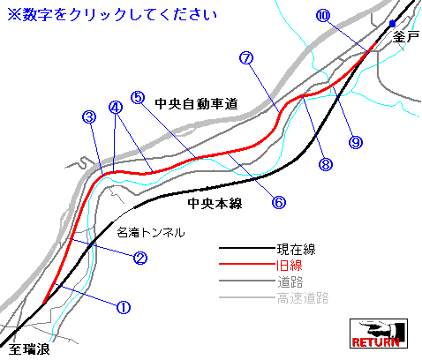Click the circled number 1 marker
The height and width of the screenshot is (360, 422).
pos(124,307)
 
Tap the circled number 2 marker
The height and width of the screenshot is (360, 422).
pos(140,258)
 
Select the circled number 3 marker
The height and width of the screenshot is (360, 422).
pos(89,117)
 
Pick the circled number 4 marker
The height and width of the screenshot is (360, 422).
pos(116,108)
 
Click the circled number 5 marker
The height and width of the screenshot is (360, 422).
pos(138,97)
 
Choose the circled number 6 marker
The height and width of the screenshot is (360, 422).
pos(278,202)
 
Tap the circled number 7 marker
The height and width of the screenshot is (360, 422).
pos(246,58)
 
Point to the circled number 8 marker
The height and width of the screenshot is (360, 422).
pos(326,164)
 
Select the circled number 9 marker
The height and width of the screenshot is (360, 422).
pos(356,142)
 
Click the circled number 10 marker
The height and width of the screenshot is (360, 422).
pos(323,15)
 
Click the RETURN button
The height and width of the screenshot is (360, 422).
pos(379,334)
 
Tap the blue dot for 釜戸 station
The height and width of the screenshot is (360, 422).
pos(392,24)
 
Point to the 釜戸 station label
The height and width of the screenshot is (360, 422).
pos(406,37)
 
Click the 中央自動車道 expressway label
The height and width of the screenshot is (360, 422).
pos(196,104)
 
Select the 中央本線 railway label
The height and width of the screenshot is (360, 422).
pos(215,203)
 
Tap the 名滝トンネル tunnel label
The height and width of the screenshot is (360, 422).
pos(151,232)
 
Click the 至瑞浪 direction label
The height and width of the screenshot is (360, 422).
pos(29,349)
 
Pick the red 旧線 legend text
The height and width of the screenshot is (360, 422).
pos(290,266)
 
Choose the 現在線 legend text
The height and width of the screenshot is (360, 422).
pos(296,250)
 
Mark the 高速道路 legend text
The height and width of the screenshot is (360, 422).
pos(303,298)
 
